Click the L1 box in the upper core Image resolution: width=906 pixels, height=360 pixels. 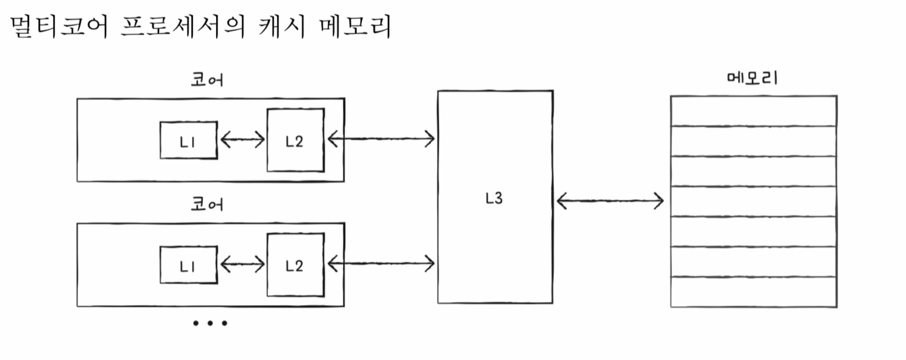[x=188, y=140]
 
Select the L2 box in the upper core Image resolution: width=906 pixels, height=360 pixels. [x=295, y=140]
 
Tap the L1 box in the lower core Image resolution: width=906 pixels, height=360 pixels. [x=188, y=265]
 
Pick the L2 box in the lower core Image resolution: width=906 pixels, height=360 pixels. [x=295, y=265]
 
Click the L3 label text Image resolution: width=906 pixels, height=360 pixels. [x=493, y=199]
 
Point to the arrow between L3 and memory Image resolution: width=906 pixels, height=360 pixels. [x=610, y=201]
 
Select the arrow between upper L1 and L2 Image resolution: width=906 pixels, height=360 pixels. [x=242, y=140]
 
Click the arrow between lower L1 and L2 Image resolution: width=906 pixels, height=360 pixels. [x=242, y=263]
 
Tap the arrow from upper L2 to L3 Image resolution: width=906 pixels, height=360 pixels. [x=381, y=139]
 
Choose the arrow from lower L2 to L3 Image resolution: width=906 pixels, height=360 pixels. [x=381, y=261]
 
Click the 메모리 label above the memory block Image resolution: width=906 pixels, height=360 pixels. [x=752, y=79]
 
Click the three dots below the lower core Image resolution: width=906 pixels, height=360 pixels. [x=210, y=324]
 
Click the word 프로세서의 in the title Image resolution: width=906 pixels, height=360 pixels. [x=185, y=27]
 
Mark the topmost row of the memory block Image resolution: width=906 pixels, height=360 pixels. [x=754, y=111]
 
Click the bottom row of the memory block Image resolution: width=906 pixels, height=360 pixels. [x=754, y=292]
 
